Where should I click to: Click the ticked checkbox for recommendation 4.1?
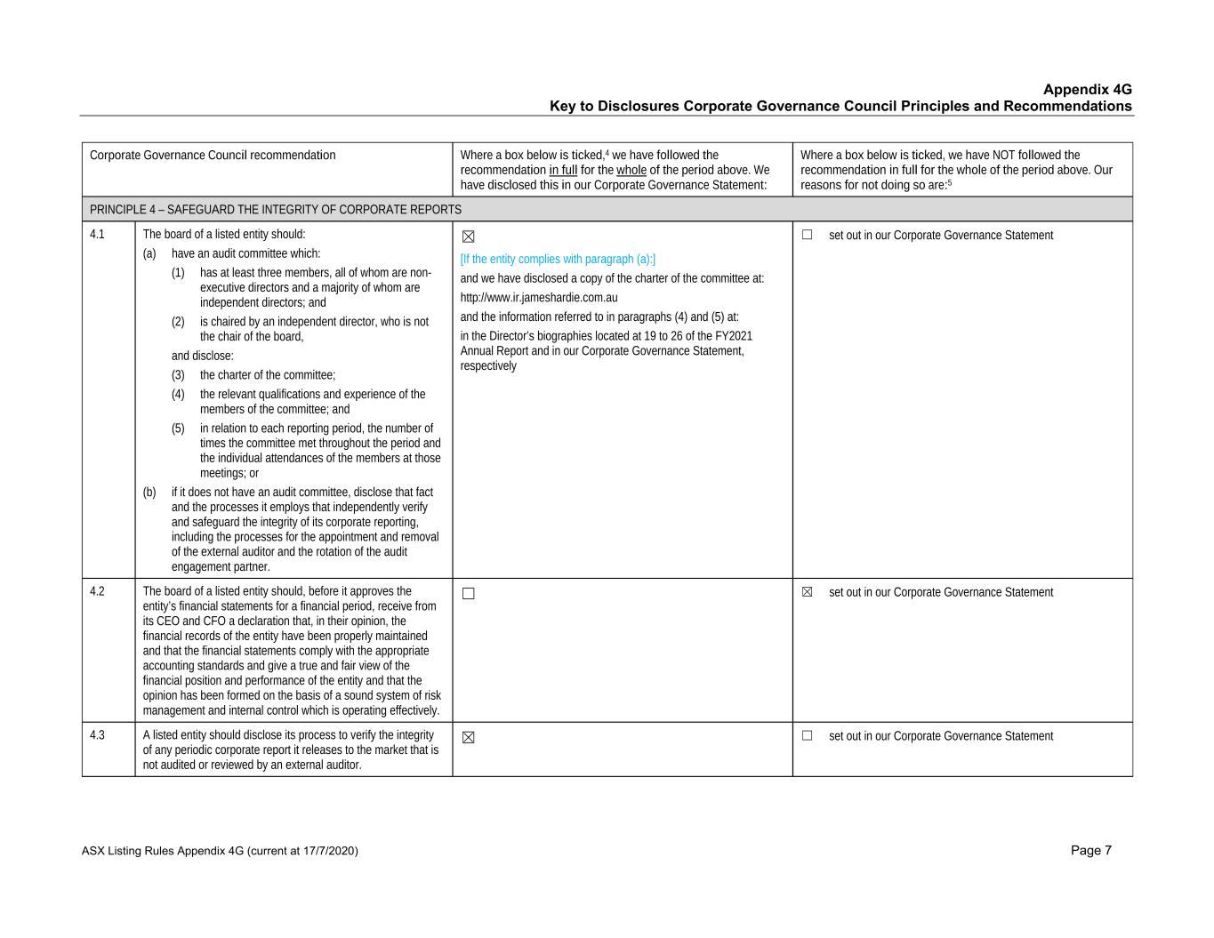469,237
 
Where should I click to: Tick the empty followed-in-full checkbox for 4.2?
469,594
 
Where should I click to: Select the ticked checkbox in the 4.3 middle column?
469,737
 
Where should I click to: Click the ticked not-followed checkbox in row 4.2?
808,592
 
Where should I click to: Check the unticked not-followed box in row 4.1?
808,235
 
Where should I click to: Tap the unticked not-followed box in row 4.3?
808,735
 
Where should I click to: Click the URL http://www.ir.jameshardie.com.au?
538,298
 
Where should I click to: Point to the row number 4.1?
97,235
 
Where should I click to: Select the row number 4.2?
97,591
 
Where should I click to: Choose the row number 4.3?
97,735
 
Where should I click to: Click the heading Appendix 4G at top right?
1087,90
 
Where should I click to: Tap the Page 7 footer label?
1090,851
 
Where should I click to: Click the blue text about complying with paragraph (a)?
558,260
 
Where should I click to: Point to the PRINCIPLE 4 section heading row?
276,210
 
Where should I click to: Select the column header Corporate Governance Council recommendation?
213,156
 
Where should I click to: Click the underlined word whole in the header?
631,170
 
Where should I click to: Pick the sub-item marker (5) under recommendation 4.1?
178,429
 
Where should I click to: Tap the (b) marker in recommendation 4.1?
149,493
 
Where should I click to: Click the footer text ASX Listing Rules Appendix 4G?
219,852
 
